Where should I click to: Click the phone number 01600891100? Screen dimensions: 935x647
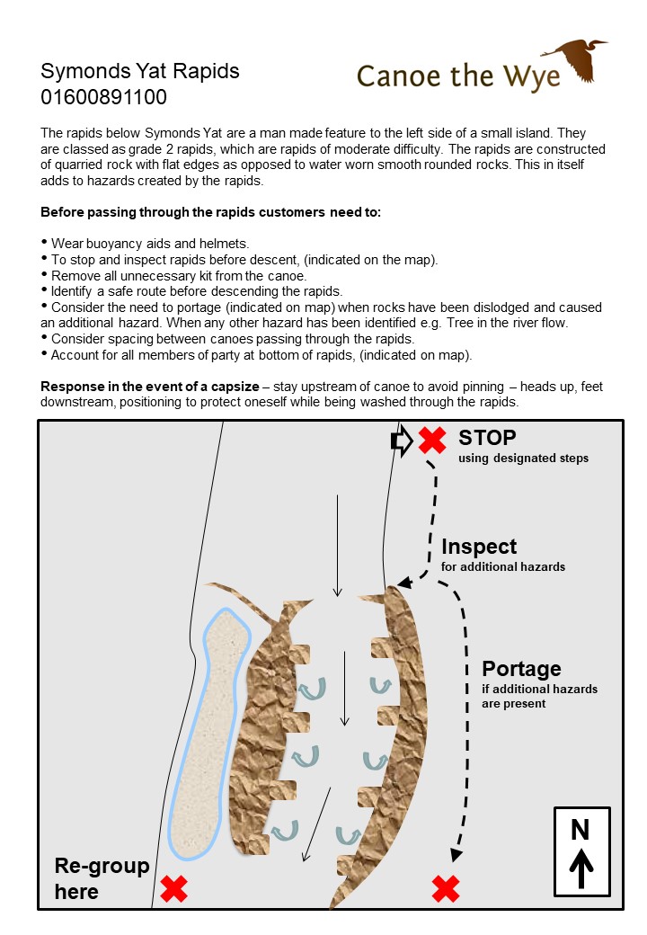103,96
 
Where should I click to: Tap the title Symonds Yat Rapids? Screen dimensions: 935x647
140,71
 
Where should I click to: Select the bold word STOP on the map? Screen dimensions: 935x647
487,438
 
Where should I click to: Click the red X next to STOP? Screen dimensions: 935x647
432,441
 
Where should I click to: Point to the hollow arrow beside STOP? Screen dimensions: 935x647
401,441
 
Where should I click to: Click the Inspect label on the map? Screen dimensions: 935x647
479,547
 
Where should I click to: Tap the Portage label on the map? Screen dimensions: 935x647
521,669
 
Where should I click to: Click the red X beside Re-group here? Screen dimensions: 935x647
173,889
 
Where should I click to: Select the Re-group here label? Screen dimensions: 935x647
102,878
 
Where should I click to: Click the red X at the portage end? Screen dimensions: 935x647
446,889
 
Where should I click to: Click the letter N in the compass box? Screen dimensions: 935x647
581,830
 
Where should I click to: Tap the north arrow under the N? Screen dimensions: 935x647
581,868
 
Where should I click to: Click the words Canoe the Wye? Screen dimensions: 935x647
458,76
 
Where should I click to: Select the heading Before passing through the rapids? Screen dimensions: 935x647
211,213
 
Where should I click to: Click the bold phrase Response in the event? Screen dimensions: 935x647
149,386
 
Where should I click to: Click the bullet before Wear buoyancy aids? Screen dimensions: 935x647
45,243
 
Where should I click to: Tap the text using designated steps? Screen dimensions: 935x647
523,459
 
